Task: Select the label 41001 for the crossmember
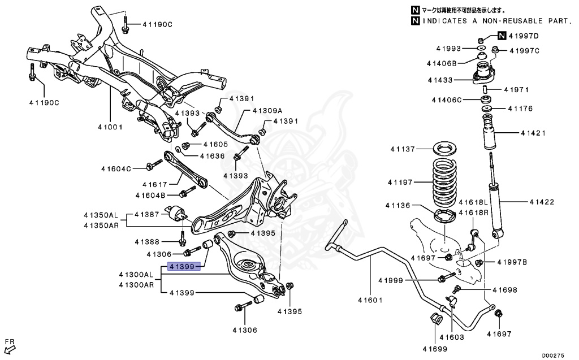pos(109,127)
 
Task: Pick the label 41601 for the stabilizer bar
pos(370,300)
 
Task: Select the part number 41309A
pos(267,111)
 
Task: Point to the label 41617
pos(155,184)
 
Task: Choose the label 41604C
pos(116,168)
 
